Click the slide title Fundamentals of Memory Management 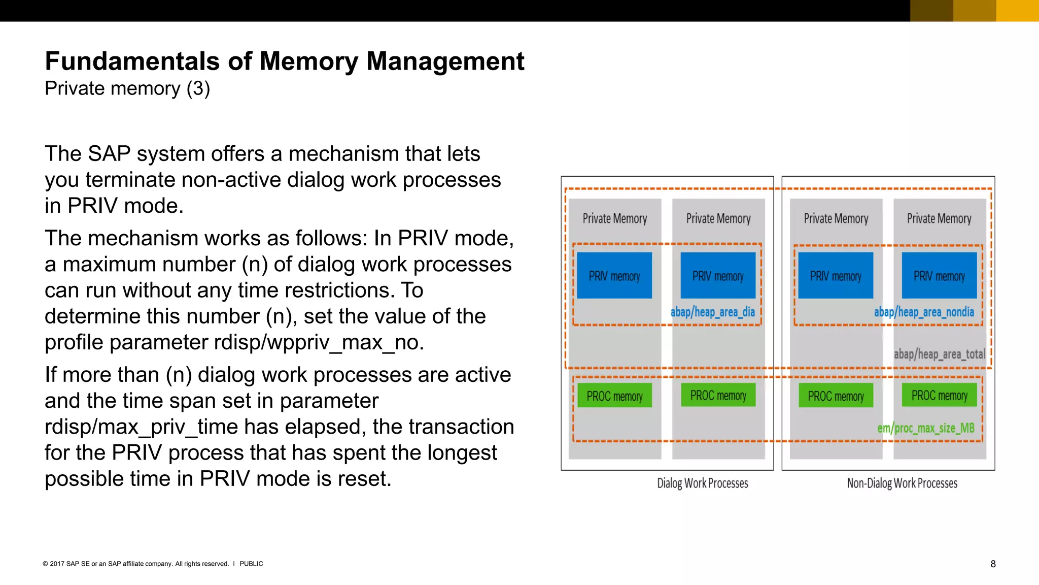[x=284, y=61]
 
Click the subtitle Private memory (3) [x=127, y=88]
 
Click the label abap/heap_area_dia [x=712, y=312]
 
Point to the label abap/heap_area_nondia [x=923, y=312]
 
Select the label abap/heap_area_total [x=939, y=354]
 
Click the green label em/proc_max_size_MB [x=925, y=428]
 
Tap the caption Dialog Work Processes [x=702, y=483]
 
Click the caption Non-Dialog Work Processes [x=902, y=483]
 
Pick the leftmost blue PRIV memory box [x=614, y=276]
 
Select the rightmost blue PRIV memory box [x=939, y=276]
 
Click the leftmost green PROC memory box [x=614, y=396]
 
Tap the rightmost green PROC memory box [x=939, y=395]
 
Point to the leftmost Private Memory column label [x=614, y=218]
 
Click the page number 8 [x=993, y=564]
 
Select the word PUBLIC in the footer [x=251, y=564]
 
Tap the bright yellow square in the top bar [x=1017, y=11]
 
